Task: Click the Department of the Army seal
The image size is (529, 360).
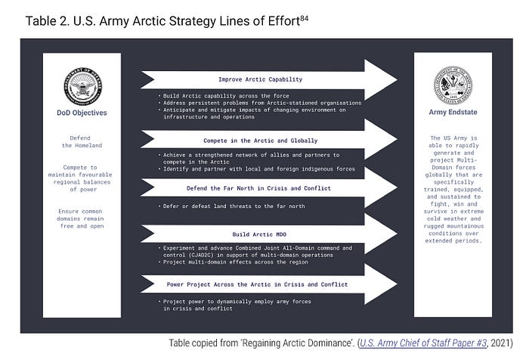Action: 452,85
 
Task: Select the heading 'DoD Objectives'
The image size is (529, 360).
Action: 82,113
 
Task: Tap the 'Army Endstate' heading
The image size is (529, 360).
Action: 452,113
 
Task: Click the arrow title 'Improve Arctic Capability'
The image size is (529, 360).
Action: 260,79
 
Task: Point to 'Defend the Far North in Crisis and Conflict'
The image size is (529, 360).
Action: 258,188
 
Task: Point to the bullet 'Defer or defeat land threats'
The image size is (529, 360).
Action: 235,206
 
